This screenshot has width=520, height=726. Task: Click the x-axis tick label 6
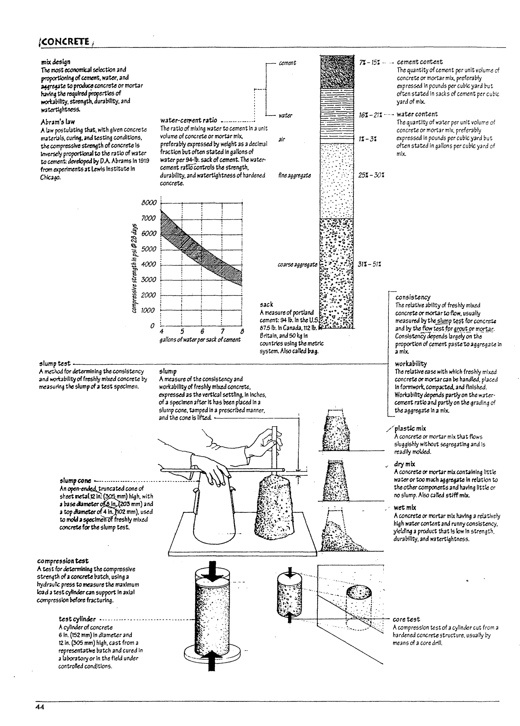coord(202,331)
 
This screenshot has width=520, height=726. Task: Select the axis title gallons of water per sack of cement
coord(200,340)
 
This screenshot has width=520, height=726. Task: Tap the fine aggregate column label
coord(295,175)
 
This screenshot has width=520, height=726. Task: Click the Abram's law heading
coord(58,122)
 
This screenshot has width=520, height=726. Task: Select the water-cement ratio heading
coord(189,120)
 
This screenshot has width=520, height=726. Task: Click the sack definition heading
coord(266,304)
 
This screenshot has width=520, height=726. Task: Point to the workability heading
coord(411,364)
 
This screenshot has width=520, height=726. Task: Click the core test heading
coord(406,619)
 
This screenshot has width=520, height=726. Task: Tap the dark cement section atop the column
coord(337,72)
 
